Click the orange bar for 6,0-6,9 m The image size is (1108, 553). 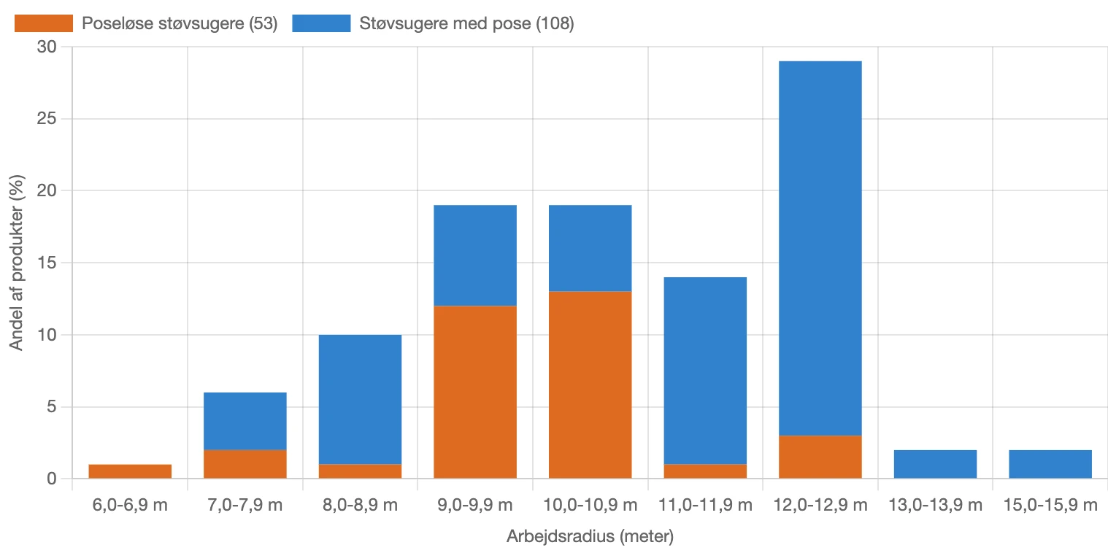[130, 471]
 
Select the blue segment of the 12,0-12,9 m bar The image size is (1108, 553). [820, 248]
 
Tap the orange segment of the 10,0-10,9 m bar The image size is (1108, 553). [590, 384]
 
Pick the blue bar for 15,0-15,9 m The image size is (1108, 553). [1050, 464]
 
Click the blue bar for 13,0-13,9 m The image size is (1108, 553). [935, 464]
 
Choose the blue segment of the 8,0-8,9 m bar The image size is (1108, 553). [360, 399]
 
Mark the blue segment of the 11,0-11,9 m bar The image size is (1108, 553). [705, 371]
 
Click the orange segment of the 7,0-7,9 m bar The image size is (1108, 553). [245, 464]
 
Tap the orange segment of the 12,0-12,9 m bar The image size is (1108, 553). [820, 457]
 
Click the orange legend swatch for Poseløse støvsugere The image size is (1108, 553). [44, 23]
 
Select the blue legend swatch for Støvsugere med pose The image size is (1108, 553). [321, 23]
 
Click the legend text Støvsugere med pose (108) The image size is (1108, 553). [466, 24]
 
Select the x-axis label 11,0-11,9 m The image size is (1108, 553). [705, 505]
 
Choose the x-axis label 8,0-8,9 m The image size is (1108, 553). [360, 505]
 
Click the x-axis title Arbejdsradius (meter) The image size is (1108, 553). [589, 538]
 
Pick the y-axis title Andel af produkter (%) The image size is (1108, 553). [17, 263]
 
